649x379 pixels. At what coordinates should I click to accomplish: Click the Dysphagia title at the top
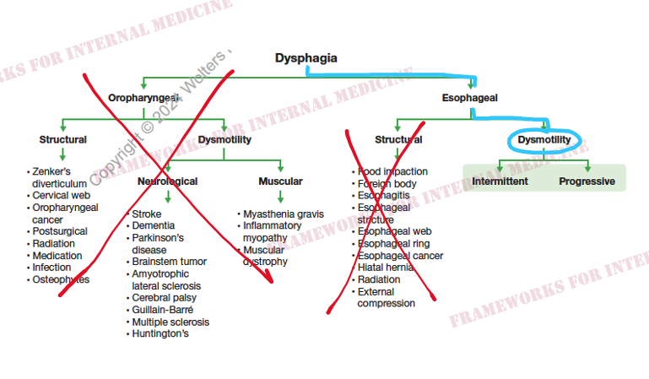coord(306,58)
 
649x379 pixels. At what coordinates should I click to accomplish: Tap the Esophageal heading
coord(469,98)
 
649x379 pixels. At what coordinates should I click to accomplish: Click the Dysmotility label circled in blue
coord(544,139)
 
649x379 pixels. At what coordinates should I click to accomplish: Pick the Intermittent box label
coord(500,181)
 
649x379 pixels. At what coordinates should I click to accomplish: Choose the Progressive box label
coord(587,181)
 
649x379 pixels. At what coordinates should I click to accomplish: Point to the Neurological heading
coord(167,181)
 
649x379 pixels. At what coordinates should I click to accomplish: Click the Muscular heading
coord(280,181)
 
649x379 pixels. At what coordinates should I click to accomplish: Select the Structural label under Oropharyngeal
coord(62,139)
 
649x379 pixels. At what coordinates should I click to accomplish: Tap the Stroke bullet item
coord(146,214)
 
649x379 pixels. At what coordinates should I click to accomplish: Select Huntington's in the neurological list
coord(160,333)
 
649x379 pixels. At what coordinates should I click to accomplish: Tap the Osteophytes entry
coord(61,279)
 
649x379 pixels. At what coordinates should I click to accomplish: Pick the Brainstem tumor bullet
coord(169,262)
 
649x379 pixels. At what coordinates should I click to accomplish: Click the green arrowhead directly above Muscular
coord(280,168)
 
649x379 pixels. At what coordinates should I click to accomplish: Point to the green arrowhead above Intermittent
coord(500,168)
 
